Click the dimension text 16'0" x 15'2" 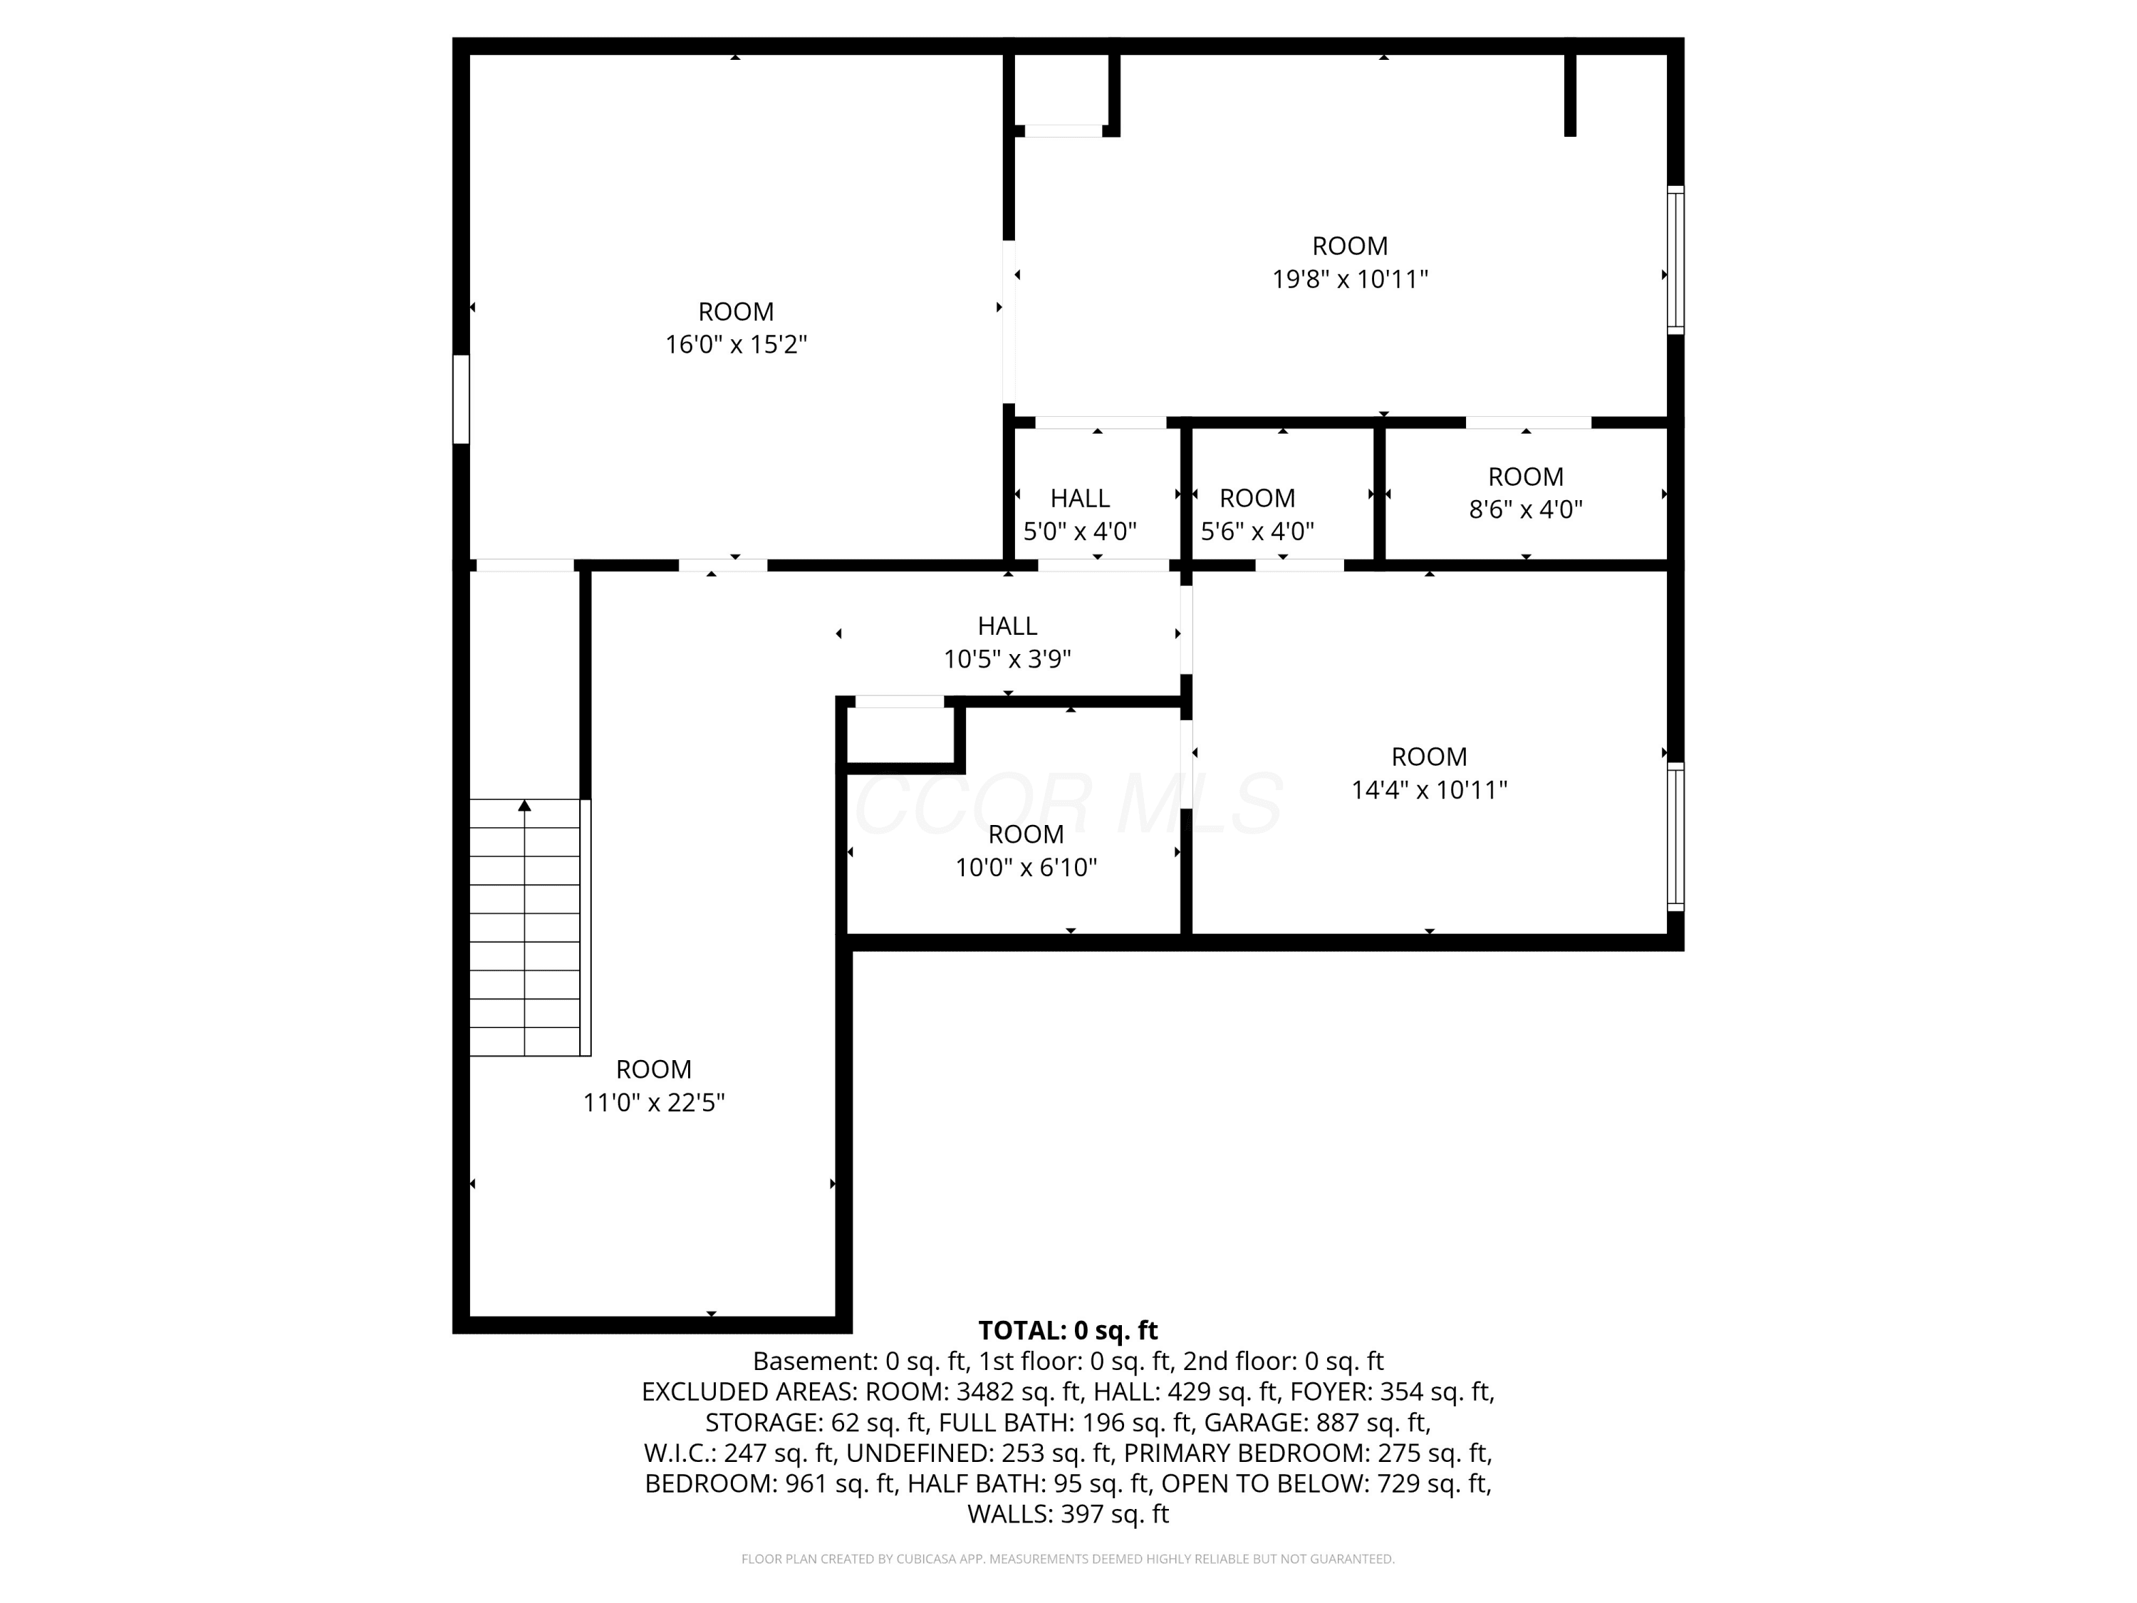click(x=736, y=345)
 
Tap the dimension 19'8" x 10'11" click(x=1350, y=279)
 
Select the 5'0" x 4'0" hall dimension click(x=1080, y=531)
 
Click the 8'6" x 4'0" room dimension click(x=1526, y=509)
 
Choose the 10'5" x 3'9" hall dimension click(x=1008, y=659)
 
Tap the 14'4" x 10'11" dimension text click(x=1429, y=790)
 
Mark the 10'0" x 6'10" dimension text click(x=1026, y=868)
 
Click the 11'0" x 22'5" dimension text click(x=654, y=1102)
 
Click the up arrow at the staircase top click(x=524, y=805)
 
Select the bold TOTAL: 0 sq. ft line click(x=1068, y=1331)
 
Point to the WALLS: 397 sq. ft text click(x=1068, y=1514)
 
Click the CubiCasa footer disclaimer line click(x=1068, y=1559)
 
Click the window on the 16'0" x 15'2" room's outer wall click(x=462, y=399)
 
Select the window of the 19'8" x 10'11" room click(x=1676, y=260)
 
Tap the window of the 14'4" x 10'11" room click(x=1676, y=837)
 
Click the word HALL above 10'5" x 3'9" click(x=1008, y=626)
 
